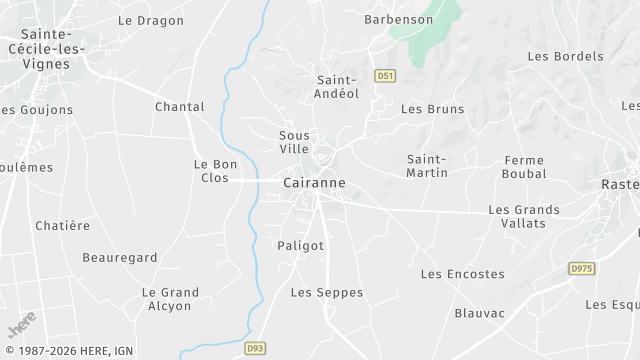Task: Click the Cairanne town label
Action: [x=314, y=183]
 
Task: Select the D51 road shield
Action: [x=384, y=75]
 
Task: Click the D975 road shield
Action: [x=580, y=269]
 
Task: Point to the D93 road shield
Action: [x=254, y=348]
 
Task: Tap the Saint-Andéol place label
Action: [x=337, y=87]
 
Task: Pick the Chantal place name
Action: [x=180, y=106]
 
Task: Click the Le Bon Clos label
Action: [x=215, y=170]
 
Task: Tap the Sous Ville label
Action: [x=294, y=141]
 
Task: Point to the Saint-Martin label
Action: [x=427, y=165]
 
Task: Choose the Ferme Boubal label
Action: [x=525, y=166]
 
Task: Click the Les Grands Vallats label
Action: [x=517, y=216]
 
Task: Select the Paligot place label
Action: [x=301, y=245]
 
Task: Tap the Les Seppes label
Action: [x=327, y=292]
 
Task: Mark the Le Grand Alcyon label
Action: [x=170, y=299]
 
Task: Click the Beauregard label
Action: [x=120, y=257]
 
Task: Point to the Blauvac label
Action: [x=480, y=313]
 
